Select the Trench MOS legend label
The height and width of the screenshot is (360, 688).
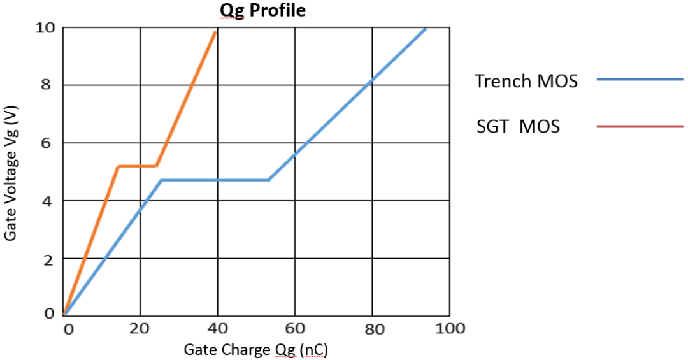click(526, 81)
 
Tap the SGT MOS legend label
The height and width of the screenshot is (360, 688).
click(518, 126)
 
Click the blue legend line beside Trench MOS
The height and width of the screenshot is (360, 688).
click(640, 80)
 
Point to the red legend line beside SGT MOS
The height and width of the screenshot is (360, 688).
click(640, 126)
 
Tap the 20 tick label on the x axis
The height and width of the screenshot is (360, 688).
click(140, 329)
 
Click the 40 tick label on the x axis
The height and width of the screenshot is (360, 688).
click(217, 329)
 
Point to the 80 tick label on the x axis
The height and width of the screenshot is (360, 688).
click(372, 329)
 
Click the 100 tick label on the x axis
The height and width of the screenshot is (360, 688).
click(450, 329)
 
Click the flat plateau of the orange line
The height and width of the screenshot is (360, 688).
click(137, 166)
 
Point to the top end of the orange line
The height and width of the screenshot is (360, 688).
click(216, 31)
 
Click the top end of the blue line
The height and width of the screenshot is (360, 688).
click(425, 29)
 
